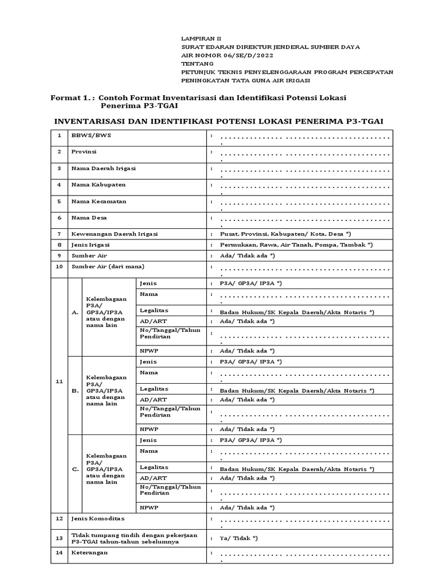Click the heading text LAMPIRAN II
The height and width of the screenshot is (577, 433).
(x=198, y=39)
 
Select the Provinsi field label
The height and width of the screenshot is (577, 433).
(x=83, y=152)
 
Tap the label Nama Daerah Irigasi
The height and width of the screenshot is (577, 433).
(x=103, y=168)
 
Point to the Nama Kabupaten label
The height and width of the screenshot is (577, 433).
(x=98, y=185)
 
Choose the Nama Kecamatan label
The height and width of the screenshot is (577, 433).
(x=99, y=201)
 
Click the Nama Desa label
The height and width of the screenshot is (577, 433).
(x=89, y=218)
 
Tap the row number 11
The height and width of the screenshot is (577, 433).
(x=59, y=381)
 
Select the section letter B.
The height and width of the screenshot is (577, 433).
(x=75, y=389)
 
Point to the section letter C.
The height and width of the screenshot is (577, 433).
(x=75, y=468)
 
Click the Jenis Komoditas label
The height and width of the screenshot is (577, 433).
(x=98, y=518)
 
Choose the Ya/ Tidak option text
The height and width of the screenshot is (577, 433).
(x=238, y=538)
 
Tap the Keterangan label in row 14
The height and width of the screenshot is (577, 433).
(x=89, y=553)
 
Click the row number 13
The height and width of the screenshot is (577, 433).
(x=59, y=538)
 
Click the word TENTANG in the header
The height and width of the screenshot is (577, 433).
(x=194, y=64)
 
